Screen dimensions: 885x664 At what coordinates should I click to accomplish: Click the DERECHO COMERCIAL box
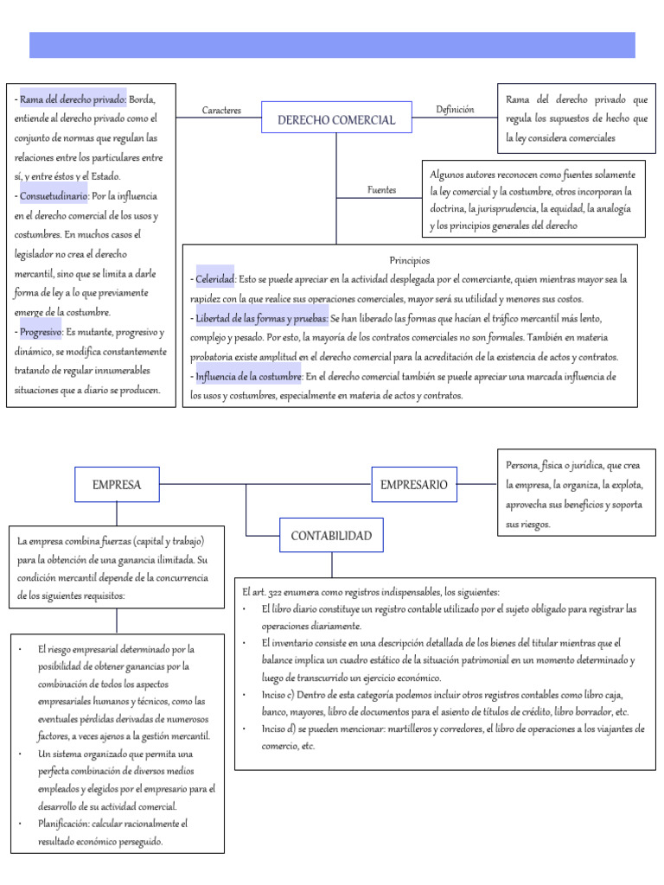[x=335, y=119]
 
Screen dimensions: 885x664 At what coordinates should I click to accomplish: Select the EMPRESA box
[x=117, y=485]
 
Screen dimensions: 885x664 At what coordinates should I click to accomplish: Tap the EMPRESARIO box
[x=413, y=485]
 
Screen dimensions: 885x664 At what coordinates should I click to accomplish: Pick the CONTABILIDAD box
[x=331, y=536]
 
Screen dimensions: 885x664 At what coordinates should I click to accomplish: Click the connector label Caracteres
[x=221, y=111]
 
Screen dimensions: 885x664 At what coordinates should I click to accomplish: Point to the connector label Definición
[x=455, y=110]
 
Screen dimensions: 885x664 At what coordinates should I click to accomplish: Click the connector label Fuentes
[x=381, y=189]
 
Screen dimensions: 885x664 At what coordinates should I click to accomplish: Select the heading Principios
[x=410, y=260]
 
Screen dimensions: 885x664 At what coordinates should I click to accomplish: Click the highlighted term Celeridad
[x=215, y=279]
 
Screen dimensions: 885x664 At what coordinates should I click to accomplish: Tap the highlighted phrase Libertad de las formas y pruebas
[x=262, y=318]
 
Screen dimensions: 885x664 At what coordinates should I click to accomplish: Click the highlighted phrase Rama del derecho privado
[x=73, y=99]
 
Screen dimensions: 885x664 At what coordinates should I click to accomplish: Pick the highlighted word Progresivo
[x=41, y=331]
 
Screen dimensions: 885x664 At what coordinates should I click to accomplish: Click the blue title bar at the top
[x=332, y=45]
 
